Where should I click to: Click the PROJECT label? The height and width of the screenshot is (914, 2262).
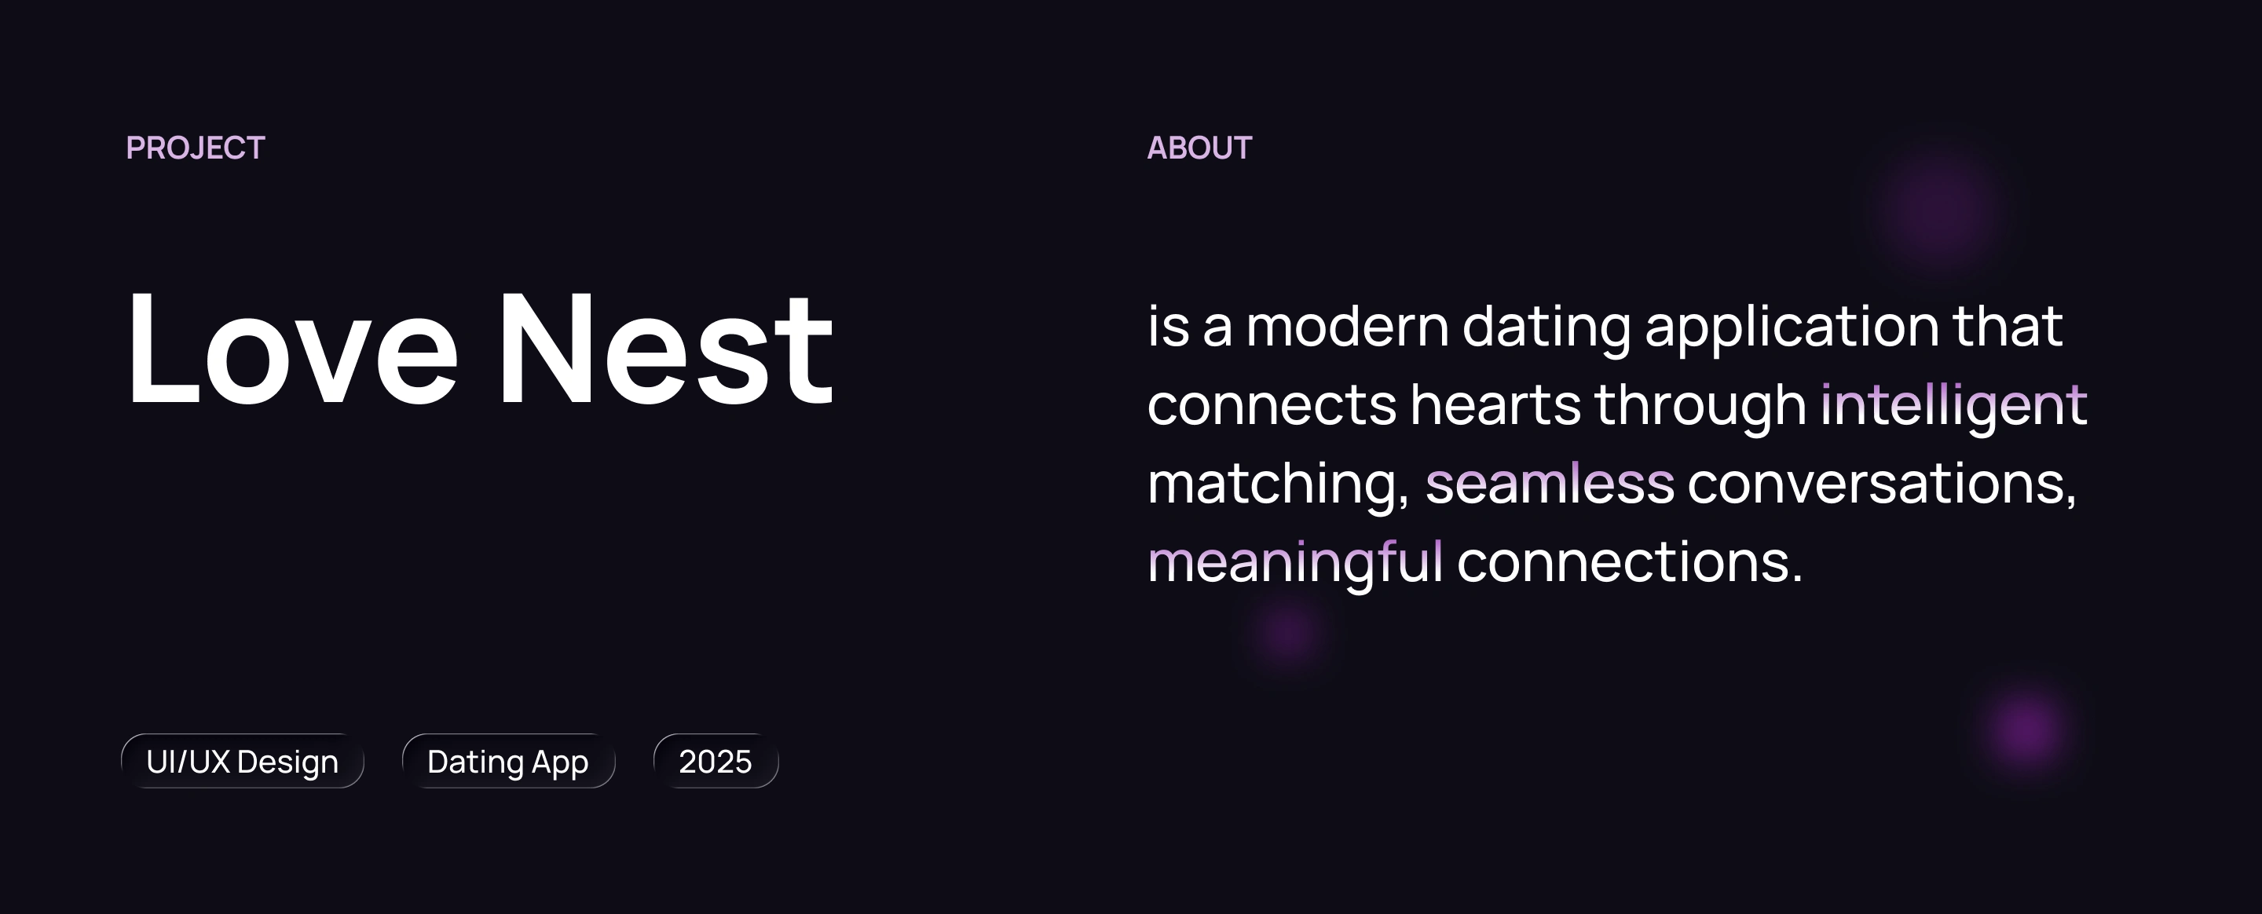click(195, 148)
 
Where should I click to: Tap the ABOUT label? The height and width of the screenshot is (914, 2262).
click(1199, 148)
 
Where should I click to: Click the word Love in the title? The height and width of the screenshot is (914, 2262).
click(292, 348)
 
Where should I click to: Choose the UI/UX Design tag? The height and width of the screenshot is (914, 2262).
click(243, 761)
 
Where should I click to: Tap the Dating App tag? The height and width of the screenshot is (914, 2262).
click(508, 761)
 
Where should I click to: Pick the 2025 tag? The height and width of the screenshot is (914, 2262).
click(716, 761)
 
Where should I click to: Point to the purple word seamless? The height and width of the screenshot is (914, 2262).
click(1550, 483)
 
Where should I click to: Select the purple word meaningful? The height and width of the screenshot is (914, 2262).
click(1295, 562)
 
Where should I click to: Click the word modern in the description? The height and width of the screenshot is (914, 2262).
click(1347, 327)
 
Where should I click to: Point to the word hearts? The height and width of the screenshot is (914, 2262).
click(1495, 404)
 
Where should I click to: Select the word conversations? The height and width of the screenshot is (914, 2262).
click(1882, 484)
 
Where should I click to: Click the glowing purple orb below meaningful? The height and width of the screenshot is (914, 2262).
click(1289, 632)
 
